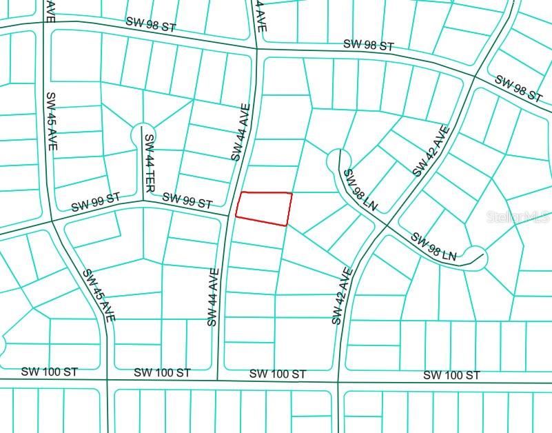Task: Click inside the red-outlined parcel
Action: coord(264,208)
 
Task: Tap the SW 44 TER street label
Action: coord(149,163)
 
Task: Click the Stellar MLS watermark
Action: coord(518,217)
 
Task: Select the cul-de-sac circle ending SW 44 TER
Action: coord(142,134)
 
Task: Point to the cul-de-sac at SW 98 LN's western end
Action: coord(336,160)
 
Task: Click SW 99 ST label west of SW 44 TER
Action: coord(95,202)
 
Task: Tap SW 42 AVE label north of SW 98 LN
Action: coord(431,151)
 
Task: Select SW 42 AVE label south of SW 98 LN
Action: coord(342,296)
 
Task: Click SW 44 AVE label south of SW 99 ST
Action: coord(212,297)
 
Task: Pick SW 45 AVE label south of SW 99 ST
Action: coord(99,294)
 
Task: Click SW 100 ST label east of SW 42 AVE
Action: coord(451,375)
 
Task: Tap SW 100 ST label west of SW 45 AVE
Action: coord(50,372)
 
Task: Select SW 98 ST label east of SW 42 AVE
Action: coord(518,89)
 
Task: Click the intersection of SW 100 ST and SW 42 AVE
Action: coord(338,381)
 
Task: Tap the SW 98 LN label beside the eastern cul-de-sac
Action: coord(433,247)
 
